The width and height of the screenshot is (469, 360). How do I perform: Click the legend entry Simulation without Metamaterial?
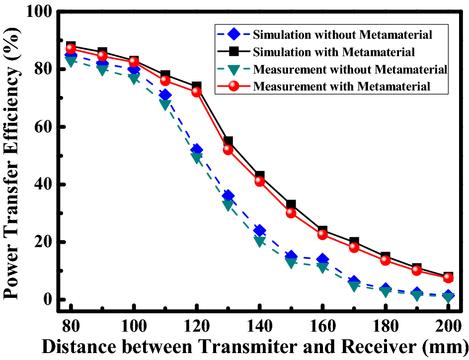tap(342, 35)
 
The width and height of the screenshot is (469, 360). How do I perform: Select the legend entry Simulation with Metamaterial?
tap(334, 52)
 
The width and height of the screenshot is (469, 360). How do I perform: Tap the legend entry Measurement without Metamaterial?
tap(350, 69)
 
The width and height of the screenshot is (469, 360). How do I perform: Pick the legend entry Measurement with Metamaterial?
tap(341, 86)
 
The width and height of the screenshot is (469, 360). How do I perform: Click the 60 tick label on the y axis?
tap(45, 127)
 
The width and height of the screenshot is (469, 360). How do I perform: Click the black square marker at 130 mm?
tap(228, 142)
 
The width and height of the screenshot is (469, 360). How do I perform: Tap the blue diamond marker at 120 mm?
tap(196, 150)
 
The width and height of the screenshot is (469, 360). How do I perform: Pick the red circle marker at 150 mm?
tap(291, 213)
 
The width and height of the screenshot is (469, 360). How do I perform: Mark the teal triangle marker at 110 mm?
tap(165, 104)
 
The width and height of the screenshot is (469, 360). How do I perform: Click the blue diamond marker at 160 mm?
tap(322, 259)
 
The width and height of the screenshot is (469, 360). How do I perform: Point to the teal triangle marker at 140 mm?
tap(259, 241)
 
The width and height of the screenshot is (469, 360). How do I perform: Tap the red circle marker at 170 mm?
tap(354, 247)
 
